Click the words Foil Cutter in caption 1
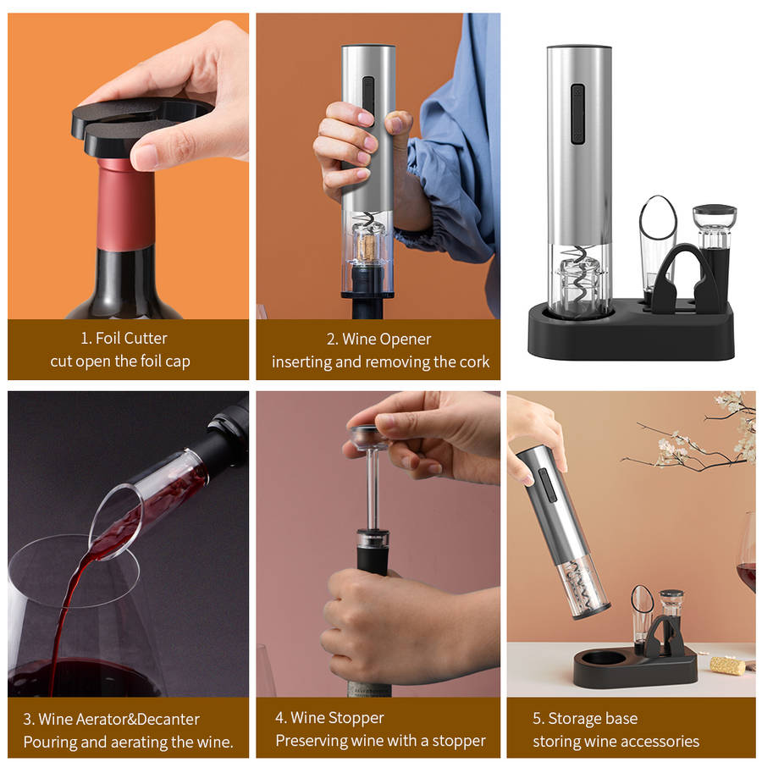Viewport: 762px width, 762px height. pyautogui.click(x=131, y=338)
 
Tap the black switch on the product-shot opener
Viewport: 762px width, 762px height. pyautogui.click(x=577, y=114)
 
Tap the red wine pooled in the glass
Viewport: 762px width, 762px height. pyautogui.click(x=93, y=676)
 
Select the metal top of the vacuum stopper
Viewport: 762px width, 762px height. pyautogui.click(x=370, y=437)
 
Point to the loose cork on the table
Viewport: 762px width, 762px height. pyautogui.click(x=727, y=665)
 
